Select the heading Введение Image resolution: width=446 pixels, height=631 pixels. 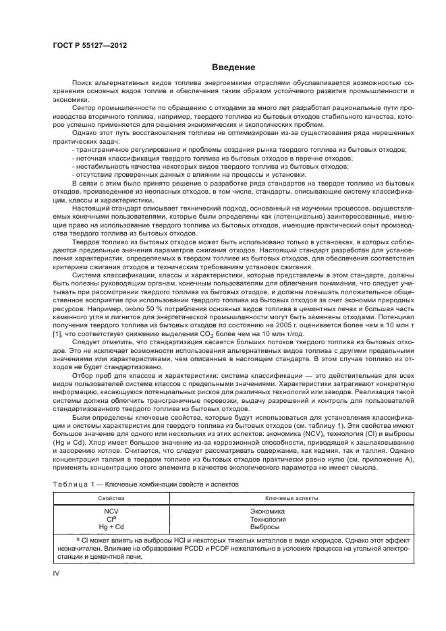233,67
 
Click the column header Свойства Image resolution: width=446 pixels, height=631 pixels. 111,498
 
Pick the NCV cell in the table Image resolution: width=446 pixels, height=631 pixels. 111,511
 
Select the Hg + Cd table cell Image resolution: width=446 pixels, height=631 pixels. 111,526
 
